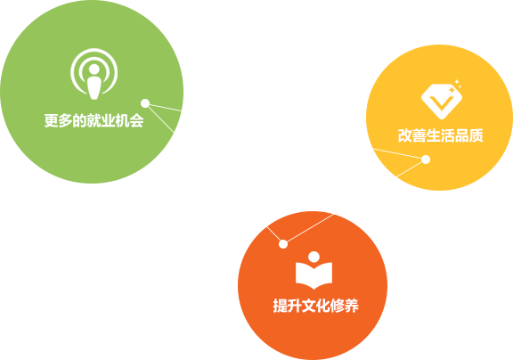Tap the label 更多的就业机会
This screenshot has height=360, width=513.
pyautogui.click(x=94, y=120)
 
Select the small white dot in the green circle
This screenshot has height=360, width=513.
pyautogui.click(x=145, y=103)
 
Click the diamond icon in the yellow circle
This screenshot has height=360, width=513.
pyautogui.click(x=442, y=100)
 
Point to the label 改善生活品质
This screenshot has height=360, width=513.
pyautogui.click(x=440, y=135)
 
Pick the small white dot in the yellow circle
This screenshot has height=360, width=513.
pyautogui.click(x=426, y=160)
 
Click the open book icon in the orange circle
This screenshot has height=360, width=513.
pyautogui.click(x=313, y=270)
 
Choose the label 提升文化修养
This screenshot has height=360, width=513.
pyautogui.click(x=315, y=306)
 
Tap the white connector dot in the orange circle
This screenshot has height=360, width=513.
pyautogui.click(x=283, y=244)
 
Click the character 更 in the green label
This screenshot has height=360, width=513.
pyautogui.click(x=52, y=120)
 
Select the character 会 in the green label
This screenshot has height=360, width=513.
pyautogui.click(x=137, y=120)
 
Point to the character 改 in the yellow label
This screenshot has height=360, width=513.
pyautogui.click(x=404, y=135)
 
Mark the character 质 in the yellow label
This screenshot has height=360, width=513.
pyautogui.click(x=476, y=135)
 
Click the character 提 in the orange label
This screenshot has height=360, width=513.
pyautogui.click(x=280, y=306)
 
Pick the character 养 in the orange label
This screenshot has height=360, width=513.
pyautogui.click(x=352, y=306)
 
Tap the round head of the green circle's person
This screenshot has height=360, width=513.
pyautogui.click(x=94, y=69)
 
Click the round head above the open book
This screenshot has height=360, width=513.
pyautogui.click(x=313, y=257)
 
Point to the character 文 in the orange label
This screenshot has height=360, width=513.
pyautogui.click(x=308, y=306)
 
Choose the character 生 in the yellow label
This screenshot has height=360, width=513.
pyautogui.click(x=433, y=135)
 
